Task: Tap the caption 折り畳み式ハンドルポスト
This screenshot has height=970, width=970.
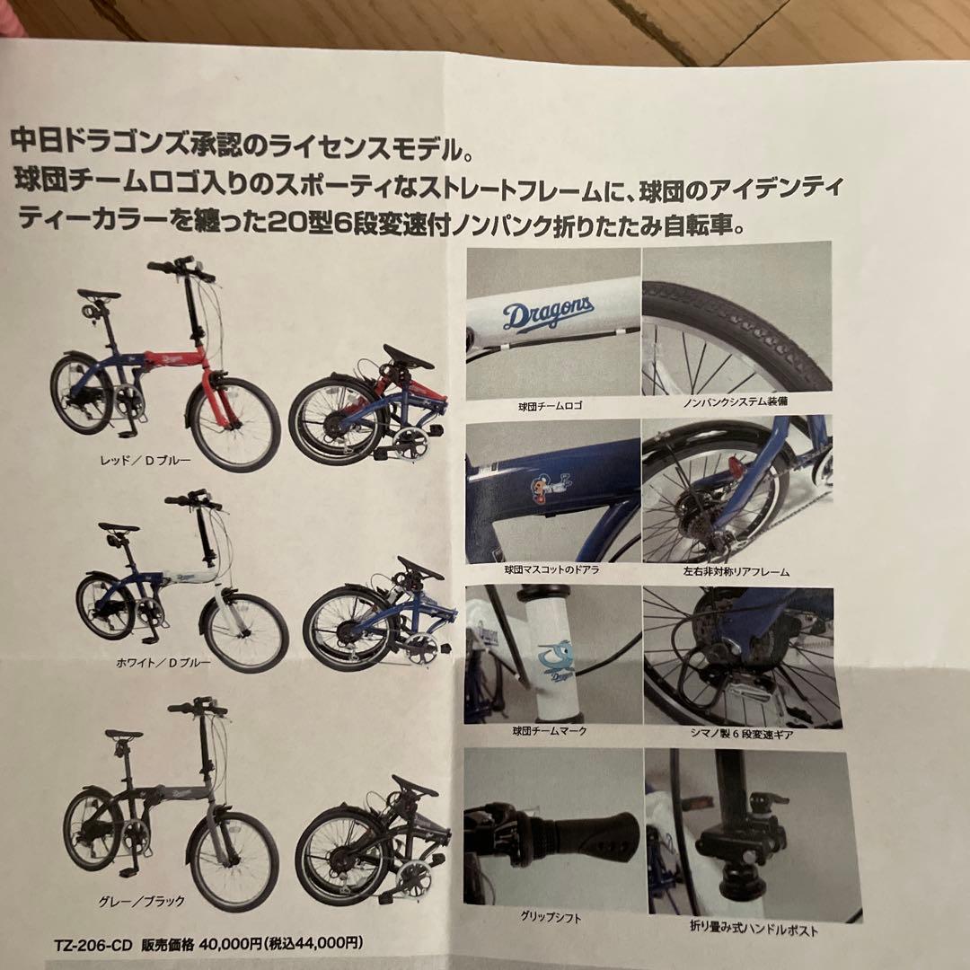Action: click(x=753, y=930)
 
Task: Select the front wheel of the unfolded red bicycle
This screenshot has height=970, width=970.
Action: click(x=234, y=423)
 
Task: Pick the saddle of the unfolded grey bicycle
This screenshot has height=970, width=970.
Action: click(x=124, y=735)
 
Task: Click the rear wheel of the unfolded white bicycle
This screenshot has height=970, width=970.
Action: click(x=106, y=607)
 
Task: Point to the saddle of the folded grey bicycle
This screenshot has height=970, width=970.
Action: click(x=415, y=786)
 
